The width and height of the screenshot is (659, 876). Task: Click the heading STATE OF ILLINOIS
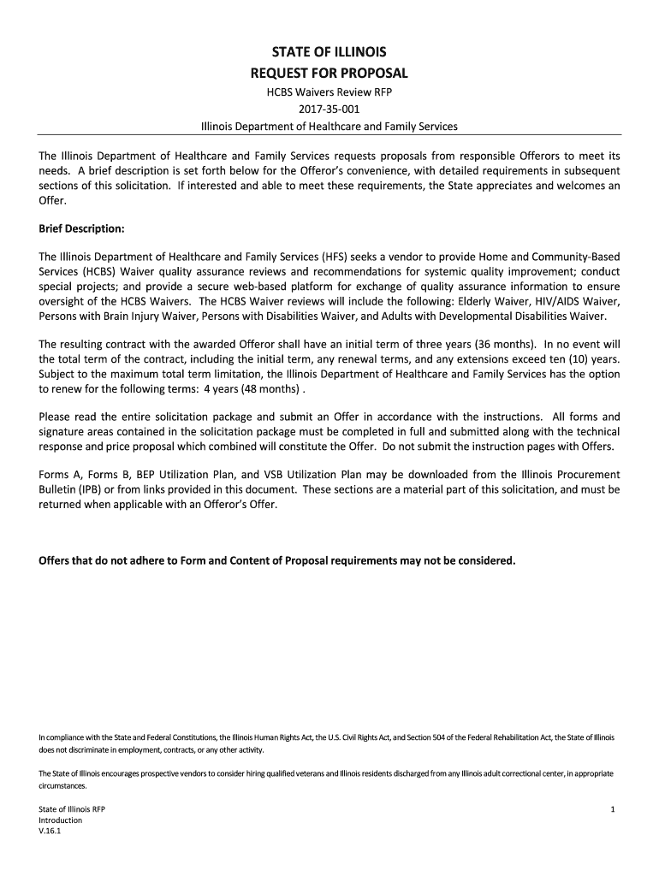[329, 51]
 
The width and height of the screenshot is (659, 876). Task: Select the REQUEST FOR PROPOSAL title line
[329, 72]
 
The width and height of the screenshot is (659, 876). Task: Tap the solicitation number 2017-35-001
[329, 109]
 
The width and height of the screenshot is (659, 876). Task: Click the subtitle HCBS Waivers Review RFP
[329, 92]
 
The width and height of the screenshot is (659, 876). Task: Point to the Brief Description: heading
[82, 228]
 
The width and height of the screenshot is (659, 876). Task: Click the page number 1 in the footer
[614, 808]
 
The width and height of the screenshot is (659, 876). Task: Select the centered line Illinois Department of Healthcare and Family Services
[329, 127]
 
